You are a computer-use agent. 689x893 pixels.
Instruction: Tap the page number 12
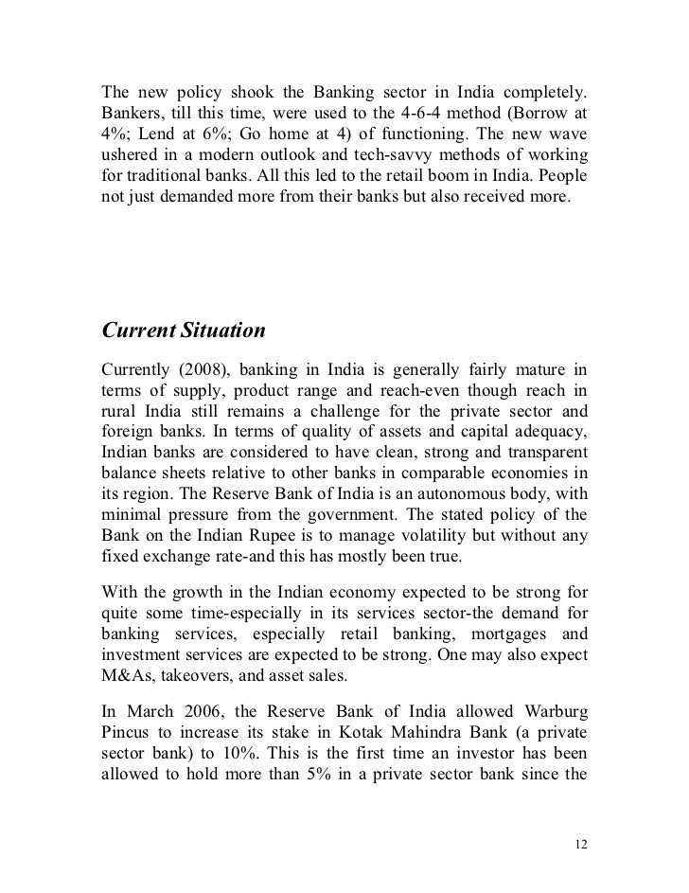580,843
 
